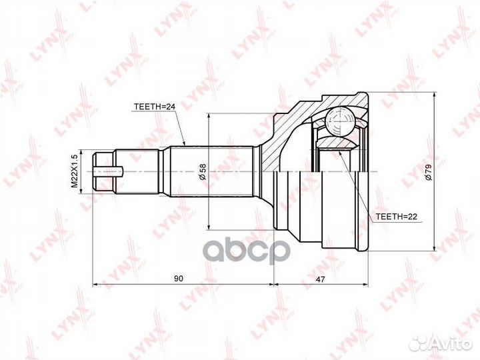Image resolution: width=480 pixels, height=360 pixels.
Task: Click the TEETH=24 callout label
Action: tap(154, 107)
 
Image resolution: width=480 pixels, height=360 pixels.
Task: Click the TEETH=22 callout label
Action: tap(397, 217)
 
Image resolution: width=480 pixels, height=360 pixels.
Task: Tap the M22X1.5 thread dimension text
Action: tap(75, 171)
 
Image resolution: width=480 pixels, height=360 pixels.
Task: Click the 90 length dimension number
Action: tap(179, 279)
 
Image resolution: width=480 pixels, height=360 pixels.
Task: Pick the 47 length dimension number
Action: tap(321, 279)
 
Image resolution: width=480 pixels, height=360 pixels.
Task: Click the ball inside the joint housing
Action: tap(340, 121)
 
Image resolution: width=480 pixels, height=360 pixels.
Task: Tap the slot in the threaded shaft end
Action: tap(109, 171)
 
